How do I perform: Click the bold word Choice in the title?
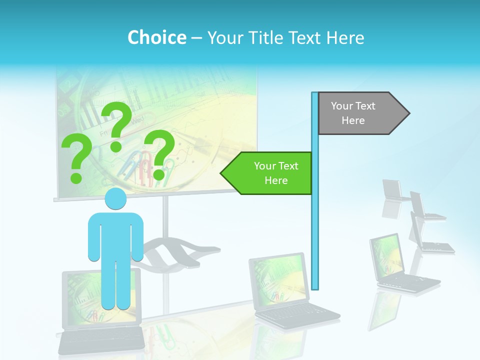pos(156,37)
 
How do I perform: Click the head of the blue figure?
pos(115,199)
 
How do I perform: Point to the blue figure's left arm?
pos(94,237)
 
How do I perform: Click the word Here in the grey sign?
pos(353,120)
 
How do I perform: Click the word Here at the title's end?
pos(345,38)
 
